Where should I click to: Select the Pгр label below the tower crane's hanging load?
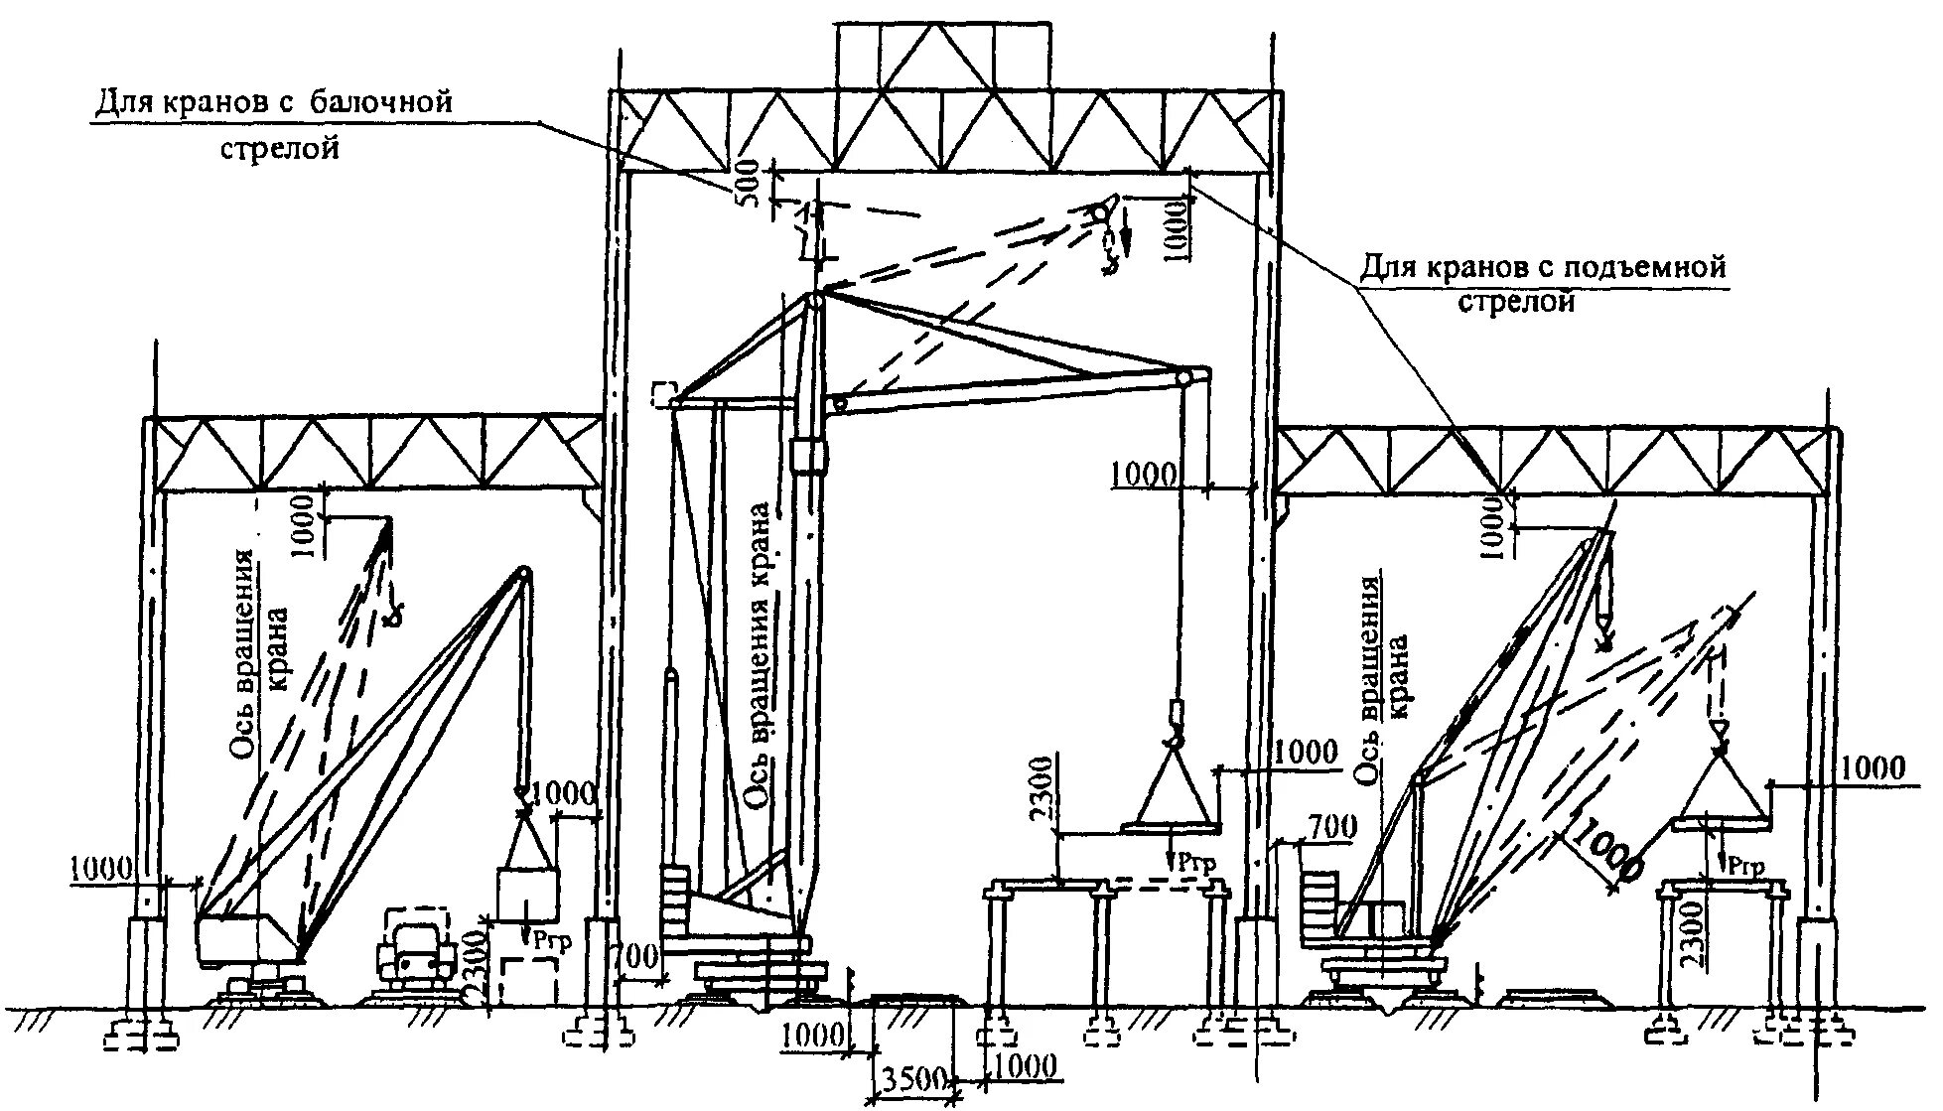tap(1189, 861)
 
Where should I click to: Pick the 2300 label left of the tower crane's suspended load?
tap(1041, 791)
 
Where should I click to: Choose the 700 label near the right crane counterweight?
tap(1331, 826)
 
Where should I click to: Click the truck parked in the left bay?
tap(414, 954)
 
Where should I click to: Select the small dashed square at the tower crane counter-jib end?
tap(662, 394)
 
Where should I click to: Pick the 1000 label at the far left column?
tap(99, 869)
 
